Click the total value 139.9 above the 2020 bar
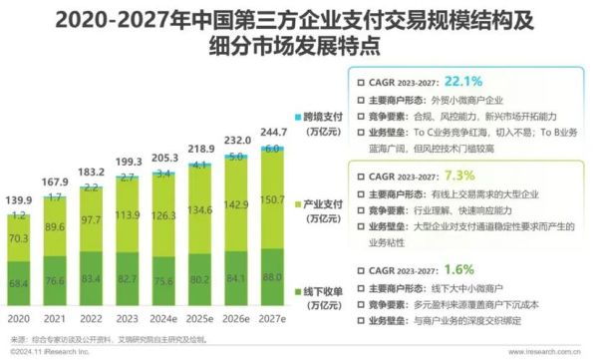click(x=18, y=199)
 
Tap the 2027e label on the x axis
click(x=271, y=319)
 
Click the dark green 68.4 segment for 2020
click(x=18, y=285)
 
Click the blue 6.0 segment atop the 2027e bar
click(x=271, y=148)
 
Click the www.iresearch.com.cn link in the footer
click(x=549, y=352)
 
